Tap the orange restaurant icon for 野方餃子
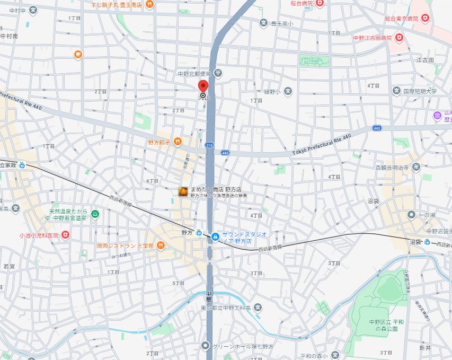pyautogui.click(x=178, y=142)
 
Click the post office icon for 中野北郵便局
pyautogui.click(x=217, y=73)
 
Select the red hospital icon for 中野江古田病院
pyautogui.click(x=400, y=38)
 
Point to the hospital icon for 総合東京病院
pyautogui.click(x=425, y=19)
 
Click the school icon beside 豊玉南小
pyautogui.click(x=263, y=23)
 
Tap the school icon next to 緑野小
pyautogui.click(x=288, y=91)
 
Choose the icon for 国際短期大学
pyautogui.click(x=396, y=91)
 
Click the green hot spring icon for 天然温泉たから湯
pyautogui.click(x=95, y=214)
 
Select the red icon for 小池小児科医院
pyautogui.click(x=65, y=234)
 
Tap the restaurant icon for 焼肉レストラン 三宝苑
pyautogui.click(x=161, y=245)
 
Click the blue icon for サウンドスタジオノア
pyautogui.click(x=215, y=236)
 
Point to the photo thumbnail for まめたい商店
pyautogui.click(x=183, y=191)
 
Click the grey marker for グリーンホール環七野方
pyautogui.click(x=206, y=346)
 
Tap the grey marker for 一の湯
pyautogui.click(x=411, y=214)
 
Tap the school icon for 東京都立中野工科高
pyautogui.click(x=257, y=308)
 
